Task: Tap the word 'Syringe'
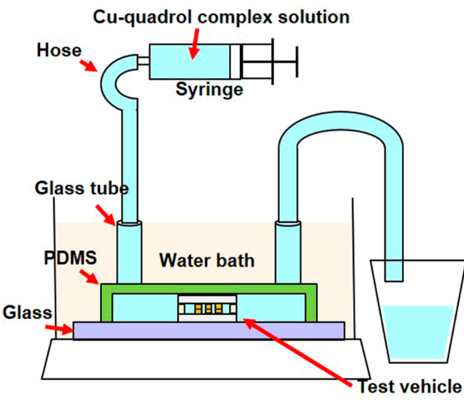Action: pos(210,89)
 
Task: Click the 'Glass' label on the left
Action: pos(26,312)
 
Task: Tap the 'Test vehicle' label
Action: pos(409,386)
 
